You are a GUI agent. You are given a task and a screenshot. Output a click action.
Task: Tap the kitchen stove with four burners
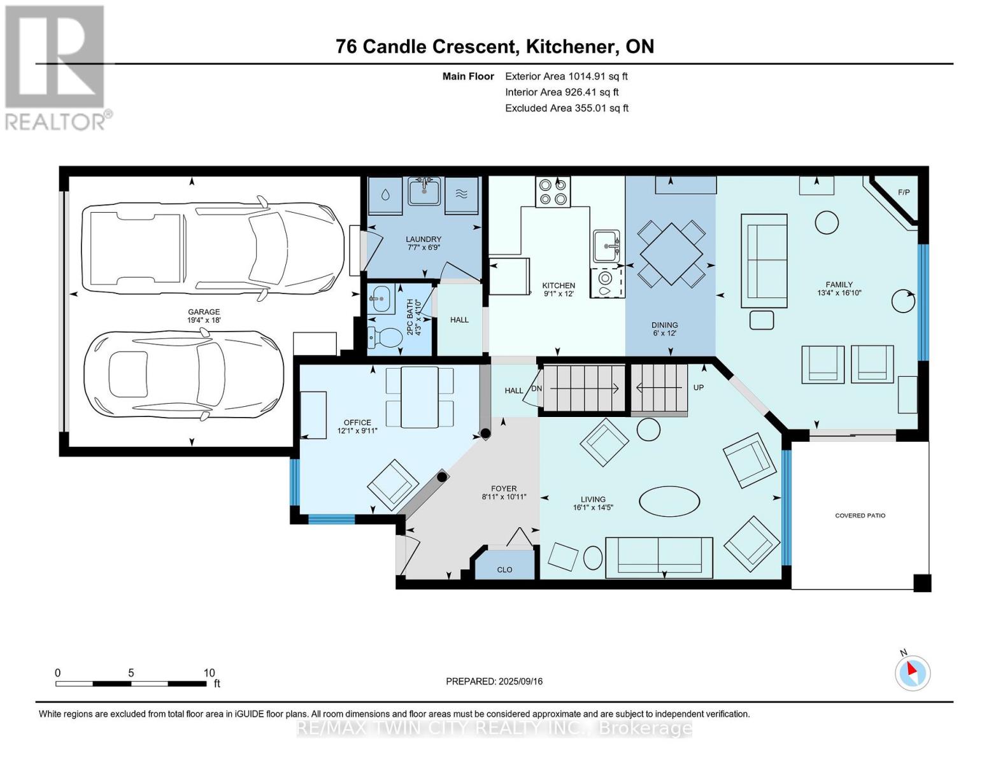(x=552, y=192)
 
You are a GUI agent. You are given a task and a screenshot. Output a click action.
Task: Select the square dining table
(x=672, y=253)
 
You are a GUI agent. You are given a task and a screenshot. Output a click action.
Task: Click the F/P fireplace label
(x=904, y=192)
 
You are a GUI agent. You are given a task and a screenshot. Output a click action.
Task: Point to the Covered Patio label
(x=860, y=516)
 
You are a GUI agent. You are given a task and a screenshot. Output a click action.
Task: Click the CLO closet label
(x=504, y=570)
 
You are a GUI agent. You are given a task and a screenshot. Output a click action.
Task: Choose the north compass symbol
(x=913, y=672)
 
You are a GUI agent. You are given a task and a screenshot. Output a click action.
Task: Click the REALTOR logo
(x=55, y=67)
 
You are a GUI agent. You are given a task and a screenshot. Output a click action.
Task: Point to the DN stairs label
(x=536, y=389)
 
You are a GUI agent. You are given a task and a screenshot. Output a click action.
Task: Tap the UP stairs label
(x=698, y=387)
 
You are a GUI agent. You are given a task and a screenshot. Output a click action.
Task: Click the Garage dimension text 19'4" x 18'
(x=204, y=320)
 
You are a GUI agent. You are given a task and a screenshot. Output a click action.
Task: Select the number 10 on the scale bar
(x=209, y=673)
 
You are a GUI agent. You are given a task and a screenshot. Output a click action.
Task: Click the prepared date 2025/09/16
(x=519, y=681)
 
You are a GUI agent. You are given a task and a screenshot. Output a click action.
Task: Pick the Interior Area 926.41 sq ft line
(x=562, y=92)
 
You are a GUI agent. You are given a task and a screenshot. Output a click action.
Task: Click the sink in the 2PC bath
(x=383, y=298)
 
